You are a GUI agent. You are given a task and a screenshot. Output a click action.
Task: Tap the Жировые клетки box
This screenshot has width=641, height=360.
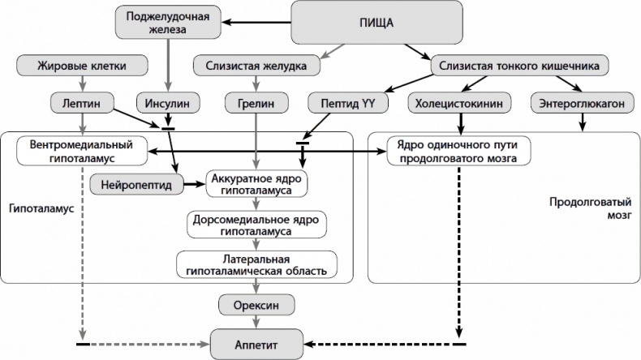[82, 66]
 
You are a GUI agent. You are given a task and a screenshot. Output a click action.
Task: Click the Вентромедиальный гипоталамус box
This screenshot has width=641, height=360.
[82, 150]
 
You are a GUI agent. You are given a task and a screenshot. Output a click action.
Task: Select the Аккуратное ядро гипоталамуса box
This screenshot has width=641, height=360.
[257, 184]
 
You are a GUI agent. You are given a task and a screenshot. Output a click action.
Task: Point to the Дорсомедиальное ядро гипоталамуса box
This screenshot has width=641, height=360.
[257, 225]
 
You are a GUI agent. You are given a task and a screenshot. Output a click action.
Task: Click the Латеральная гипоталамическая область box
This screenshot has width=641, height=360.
[256, 264]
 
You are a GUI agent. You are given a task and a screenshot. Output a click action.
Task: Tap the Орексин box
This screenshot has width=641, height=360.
[256, 305]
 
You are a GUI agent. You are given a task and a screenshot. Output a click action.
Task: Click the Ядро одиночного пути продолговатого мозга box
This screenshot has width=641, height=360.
[458, 150]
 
